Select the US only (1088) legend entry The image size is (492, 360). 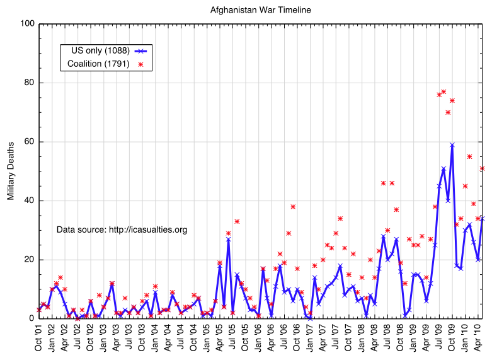(101, 50)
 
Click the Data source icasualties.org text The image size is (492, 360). (122, 230)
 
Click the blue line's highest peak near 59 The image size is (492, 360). (452, 144)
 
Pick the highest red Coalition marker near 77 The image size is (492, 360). (443, 91)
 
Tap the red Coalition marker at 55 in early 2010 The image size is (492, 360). (469, 156)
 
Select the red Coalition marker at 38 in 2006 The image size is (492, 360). (293, 206)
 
